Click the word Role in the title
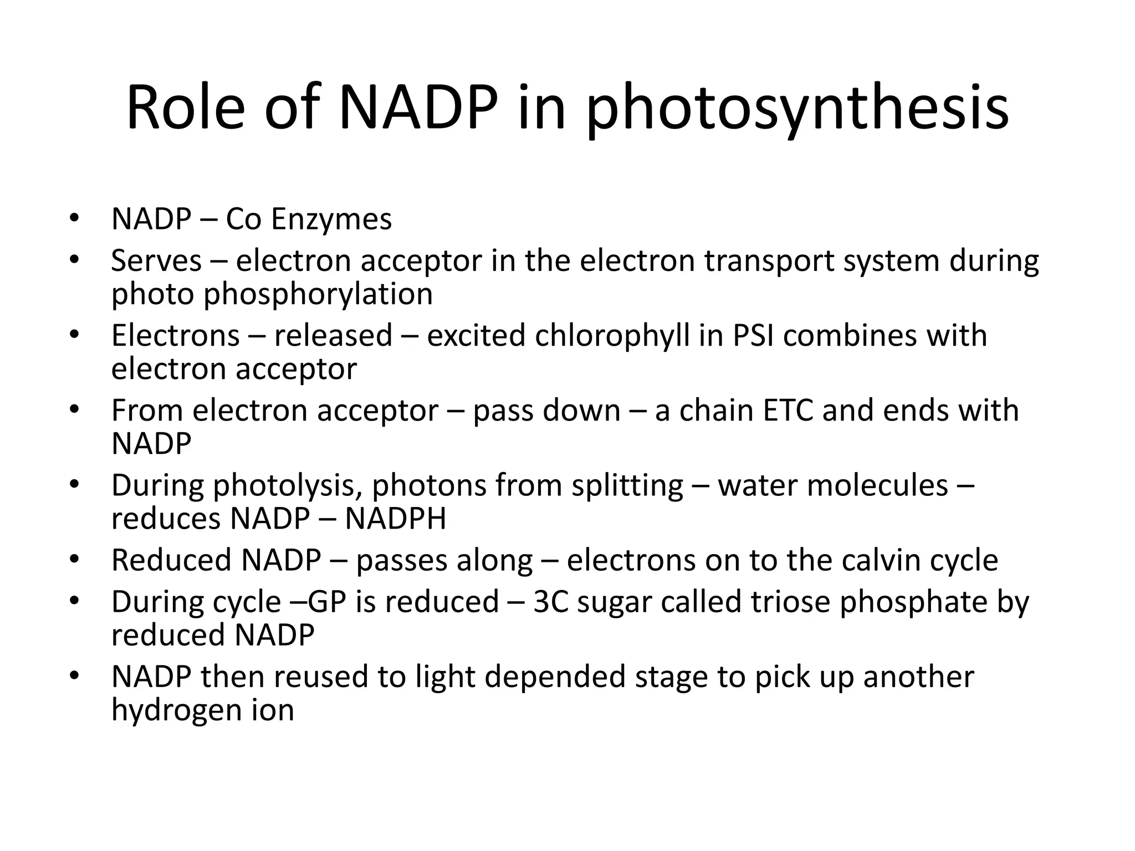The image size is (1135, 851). pos(185,107)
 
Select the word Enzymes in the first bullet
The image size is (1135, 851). pos(331,219)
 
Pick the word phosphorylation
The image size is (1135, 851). pos(318,295)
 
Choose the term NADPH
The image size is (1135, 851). pos(395,519)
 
